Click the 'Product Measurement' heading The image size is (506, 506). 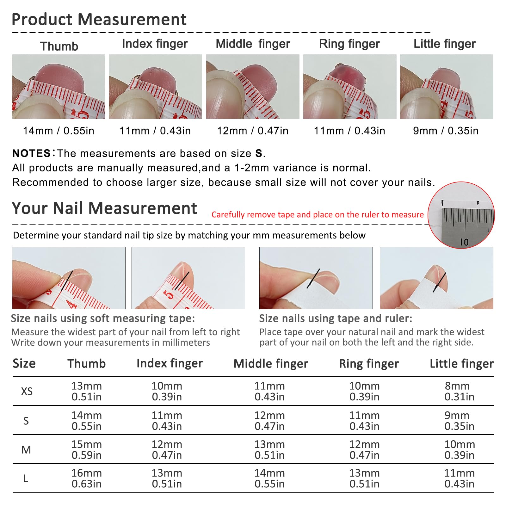click(x=99, y=19)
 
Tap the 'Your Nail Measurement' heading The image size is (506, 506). click(x=104, y=208)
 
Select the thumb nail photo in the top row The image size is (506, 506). click(x=59, y=87)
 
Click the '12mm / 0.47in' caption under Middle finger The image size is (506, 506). click(x=253, y=131)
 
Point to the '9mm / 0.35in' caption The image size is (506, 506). click(x=446, y=131)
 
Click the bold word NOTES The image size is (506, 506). click(x=31, y=153)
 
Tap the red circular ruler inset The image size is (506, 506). click(x=461, y=215)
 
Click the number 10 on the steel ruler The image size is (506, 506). click(x=464, y=242)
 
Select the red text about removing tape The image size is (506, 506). click(x=318, y=215)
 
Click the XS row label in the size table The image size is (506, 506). click(x=27, y=392)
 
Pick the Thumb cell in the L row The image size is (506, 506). click(x=87, y=478)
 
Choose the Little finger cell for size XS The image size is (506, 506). click(x=459, y=391)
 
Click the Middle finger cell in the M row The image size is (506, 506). click(x=269, y=450)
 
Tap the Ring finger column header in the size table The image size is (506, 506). click(x=369, y=364)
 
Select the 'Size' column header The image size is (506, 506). click(x=24, y=364)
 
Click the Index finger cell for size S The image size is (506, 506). click(x=167, y=421)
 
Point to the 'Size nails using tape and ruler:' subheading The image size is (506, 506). click(x=336, y=318)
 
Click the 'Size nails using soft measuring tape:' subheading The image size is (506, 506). click(x=103, y=318)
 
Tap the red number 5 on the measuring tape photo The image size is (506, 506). click(x=169, y=295)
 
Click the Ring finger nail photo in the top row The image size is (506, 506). click(x=350, y=87)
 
